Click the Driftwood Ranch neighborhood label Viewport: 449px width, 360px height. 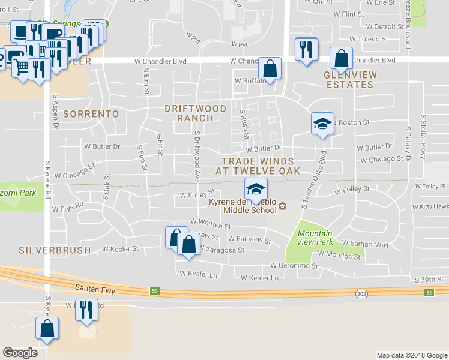196,113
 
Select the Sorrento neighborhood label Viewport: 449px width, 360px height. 91,113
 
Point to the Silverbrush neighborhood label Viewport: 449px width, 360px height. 55,250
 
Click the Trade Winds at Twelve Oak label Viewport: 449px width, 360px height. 258,166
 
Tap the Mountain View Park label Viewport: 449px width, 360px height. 315,238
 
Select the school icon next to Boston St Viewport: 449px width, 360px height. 322,124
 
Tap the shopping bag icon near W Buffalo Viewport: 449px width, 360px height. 270,68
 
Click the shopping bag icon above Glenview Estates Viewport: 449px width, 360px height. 341,59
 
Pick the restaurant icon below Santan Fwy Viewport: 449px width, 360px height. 86,310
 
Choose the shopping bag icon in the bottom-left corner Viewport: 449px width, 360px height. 47,329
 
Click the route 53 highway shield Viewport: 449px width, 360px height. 155,291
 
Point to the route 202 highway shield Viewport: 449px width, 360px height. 361,293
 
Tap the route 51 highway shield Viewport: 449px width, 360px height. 429,292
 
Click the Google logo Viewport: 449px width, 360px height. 20,352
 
